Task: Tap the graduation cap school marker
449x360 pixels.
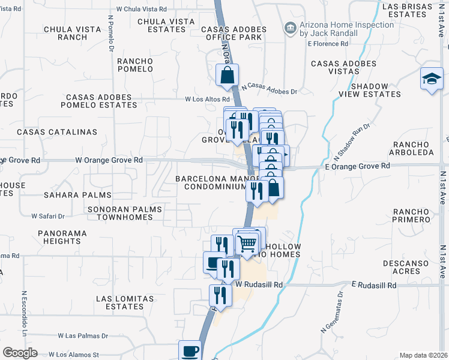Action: pos(431,80)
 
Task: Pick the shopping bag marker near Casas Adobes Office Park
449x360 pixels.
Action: pos(228,76)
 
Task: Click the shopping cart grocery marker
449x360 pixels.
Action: pos(247,242)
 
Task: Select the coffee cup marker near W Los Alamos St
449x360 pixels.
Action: pos(190,350)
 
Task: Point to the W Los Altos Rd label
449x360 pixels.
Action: pos(208,100)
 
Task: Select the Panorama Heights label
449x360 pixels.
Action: pos(62,236)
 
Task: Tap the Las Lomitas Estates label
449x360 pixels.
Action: pos(125,302)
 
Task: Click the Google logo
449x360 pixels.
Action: pos(20,353)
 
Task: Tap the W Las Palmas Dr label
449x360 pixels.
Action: pos(83,336)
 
